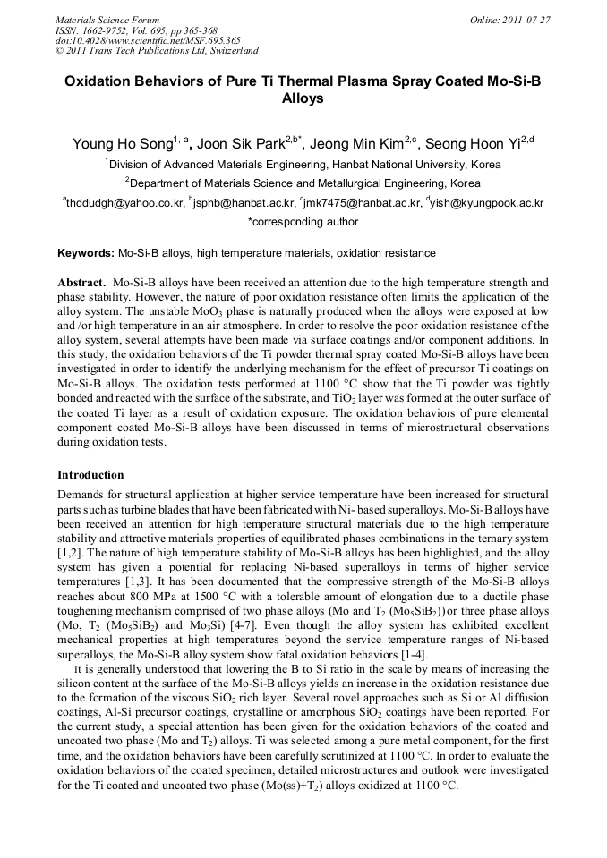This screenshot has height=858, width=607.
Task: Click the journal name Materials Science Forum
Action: pos(107,20)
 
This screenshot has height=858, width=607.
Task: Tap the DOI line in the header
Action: pos(148,40)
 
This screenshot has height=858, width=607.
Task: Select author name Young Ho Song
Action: pos(121,144)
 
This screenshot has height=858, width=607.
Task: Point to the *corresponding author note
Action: pos(303,222)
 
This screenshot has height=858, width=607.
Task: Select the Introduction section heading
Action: pos(90,474)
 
